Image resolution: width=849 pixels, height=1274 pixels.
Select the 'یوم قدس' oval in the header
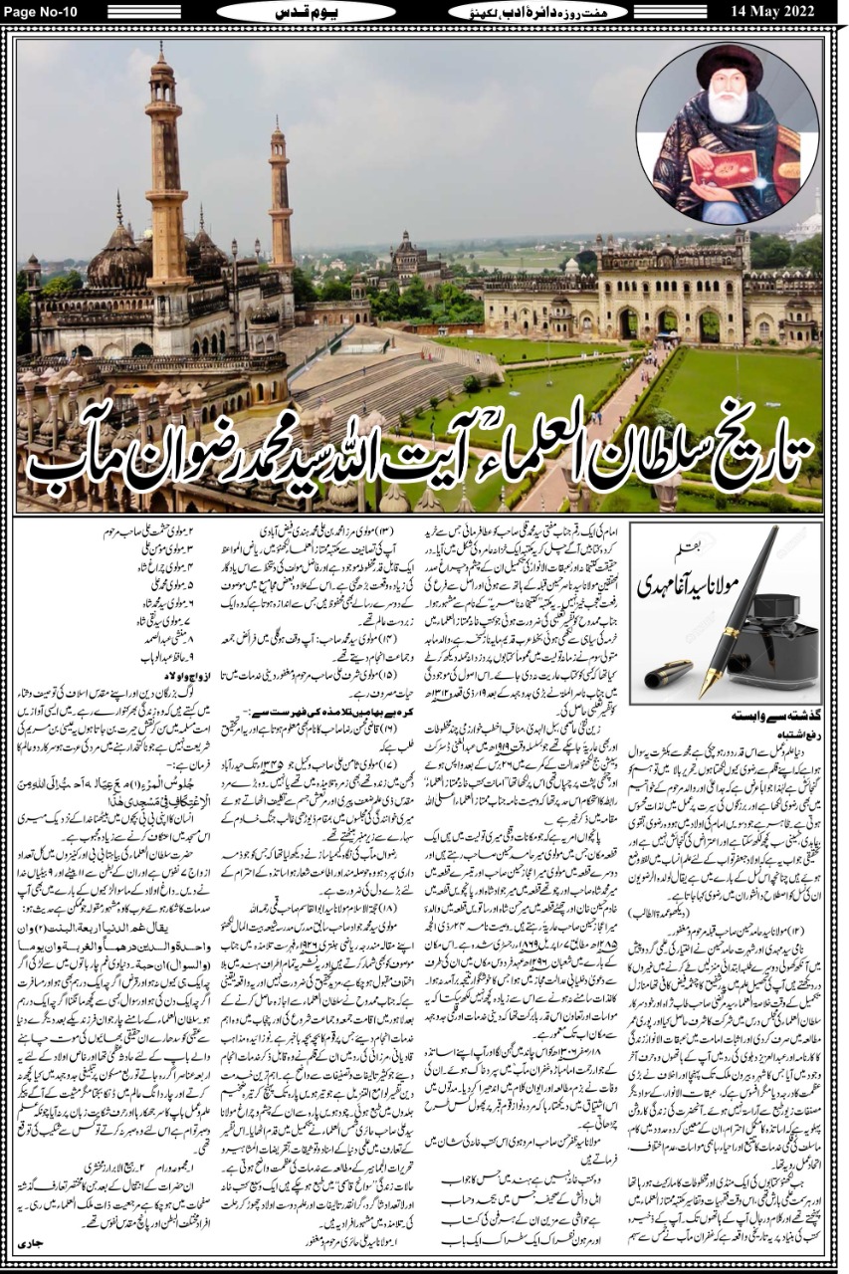300,11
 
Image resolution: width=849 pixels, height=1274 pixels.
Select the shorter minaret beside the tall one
280,189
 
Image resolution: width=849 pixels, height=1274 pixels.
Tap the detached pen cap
668,674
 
